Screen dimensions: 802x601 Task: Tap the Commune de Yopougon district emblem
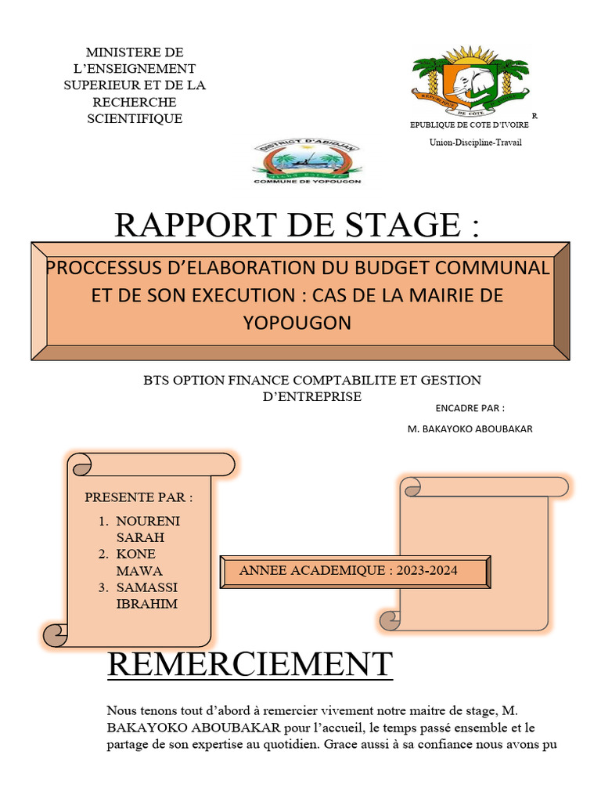click(x=307, y=162)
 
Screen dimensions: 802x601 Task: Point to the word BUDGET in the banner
click(x=400, y=267)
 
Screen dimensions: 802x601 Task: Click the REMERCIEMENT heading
click(x=249, y=664)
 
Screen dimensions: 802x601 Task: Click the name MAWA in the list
click(x=139, y=571)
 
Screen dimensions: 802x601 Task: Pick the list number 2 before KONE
click(x=103, y=555)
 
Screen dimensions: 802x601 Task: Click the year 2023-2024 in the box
click(x=426, y=570)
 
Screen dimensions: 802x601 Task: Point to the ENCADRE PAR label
click(x=470, y=408)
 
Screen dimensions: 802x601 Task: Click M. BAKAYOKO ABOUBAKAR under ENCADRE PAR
click(x=470, y=428)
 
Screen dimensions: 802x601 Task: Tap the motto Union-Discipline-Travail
click(x=474, y=142)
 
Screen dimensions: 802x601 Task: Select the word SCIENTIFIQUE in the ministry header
click(x=135, y=118)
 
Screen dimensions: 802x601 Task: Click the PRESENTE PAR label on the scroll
click(x=138, y=497)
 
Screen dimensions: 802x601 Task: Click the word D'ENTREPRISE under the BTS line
click(x=311, y=396)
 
